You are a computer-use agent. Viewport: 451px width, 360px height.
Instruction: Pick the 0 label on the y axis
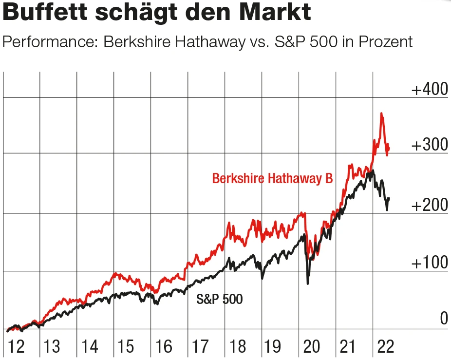point(443,319)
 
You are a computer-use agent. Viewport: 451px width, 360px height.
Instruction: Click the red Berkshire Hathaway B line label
point(272,179)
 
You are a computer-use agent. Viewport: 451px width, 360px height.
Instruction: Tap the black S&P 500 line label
point(219,299)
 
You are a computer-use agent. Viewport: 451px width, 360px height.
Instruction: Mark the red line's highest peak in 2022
point(381,114)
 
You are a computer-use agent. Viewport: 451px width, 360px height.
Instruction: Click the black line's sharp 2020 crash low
point(308,283)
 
